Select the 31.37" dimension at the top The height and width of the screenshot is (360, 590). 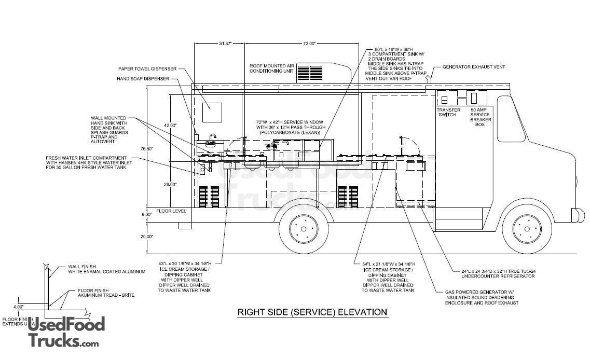[x=225, y=44]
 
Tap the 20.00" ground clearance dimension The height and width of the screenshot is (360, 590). [x=147, y=237]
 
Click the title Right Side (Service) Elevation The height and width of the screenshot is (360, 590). [x=312, y=312]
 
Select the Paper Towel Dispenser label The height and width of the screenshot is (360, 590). [x=147, y=68]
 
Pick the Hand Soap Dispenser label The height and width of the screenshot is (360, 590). [x=143, y=79]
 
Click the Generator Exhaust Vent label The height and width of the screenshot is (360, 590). [x=474, y=67]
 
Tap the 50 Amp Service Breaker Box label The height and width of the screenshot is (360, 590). [x=480, y=117]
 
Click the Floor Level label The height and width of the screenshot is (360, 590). [x=171, y=212]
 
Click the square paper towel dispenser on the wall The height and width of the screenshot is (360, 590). [x=212, y=113]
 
